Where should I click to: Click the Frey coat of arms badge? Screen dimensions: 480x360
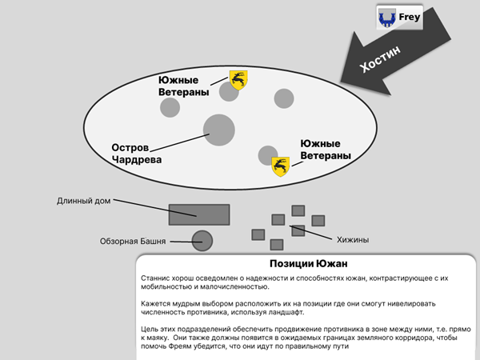pyautogui.click(x=387, y=18)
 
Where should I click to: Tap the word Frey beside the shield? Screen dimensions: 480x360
pyautogui.click(x=410, y=17)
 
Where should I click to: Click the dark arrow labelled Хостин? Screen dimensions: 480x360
pyautogui.click(x=395, y=51)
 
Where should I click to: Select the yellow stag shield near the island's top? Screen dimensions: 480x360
pyautogui.click(x=238, y=80)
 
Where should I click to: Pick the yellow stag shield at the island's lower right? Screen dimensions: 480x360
pyautogui.click(x=281, y=167)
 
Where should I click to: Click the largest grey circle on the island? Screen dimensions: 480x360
pyautogui.click(x=219, y=130)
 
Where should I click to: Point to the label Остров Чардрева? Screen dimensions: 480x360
pyautogui.click(x=137, y=154)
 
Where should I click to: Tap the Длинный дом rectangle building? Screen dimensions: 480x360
pyautogui.click(x=199, y=215)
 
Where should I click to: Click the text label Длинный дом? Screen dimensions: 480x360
pyautogui.click(x=83, y=201)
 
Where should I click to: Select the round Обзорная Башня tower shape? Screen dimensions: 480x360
pyautogui.click(x=202, y=241)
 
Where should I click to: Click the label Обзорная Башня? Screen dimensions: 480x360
pyautogui.click(x=133, y=242)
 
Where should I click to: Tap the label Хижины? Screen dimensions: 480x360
pyautogui.click(x=353, y=240)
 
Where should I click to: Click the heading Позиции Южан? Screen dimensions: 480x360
pyautogui.click(x=309, y=263)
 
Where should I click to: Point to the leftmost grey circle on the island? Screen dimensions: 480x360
pyautogui.click(x=170, y=107)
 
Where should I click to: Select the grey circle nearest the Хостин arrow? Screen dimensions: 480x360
pyautogui.click(x=284, y=98)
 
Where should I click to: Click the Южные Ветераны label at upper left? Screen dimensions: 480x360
pyautogui.click(x=184, y=86)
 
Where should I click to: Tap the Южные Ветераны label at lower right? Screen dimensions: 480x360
pyautogui.click(x=326, y=150)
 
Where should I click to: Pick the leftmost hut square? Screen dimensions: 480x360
pyautogui.click(x=258, y=234)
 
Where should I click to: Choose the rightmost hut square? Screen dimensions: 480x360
pyautogui.click(x=318, y=221)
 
